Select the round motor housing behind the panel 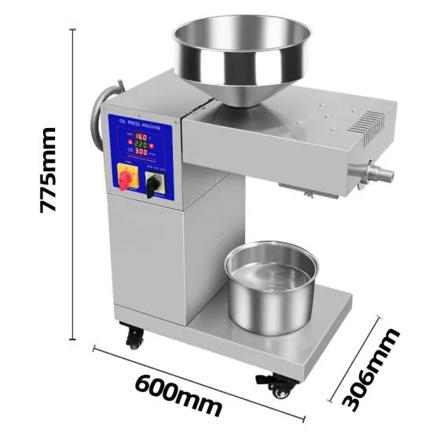tap(100, 118)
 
